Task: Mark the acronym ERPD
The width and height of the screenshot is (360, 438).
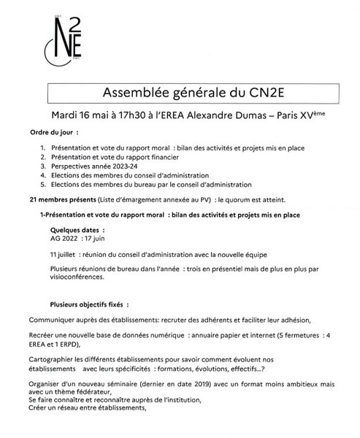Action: pyautogui.click(x=74, y=345)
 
